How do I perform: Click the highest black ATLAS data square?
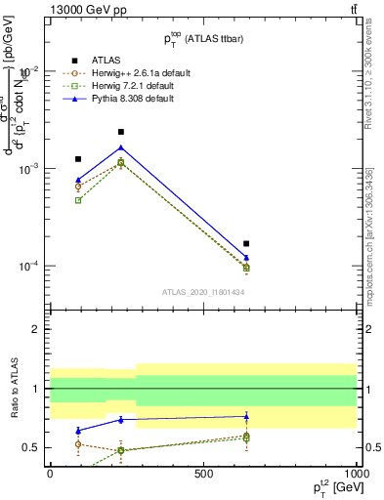tap(121, 132)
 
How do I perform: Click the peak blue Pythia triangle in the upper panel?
tap(121, 147)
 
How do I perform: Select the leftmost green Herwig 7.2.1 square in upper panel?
tap(78, 200)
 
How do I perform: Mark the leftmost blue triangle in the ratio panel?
tap(78, 431)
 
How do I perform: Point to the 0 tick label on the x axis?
tap(50, 474)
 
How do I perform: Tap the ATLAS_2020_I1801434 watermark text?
tap(202, 293)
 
